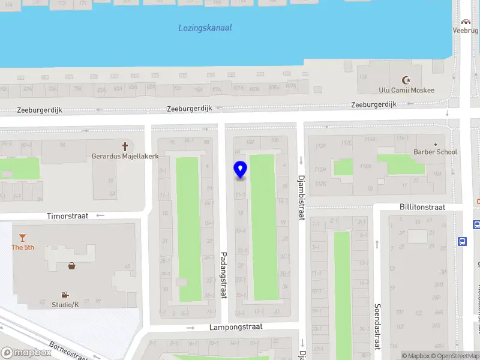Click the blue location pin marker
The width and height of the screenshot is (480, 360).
[240, 170]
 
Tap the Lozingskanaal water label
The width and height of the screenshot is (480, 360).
[205, 28]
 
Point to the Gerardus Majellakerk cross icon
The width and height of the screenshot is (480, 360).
[125, 146]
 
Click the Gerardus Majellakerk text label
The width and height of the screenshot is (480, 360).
[125, 156]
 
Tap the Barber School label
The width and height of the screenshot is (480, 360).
[435, 152]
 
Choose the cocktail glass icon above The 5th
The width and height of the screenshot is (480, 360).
[22, 238]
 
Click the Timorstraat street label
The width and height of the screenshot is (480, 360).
[68, 215]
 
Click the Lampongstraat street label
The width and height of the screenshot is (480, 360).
[236, 327]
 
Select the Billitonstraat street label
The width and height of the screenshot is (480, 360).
[422, 207]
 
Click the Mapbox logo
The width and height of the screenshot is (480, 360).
[26, 353]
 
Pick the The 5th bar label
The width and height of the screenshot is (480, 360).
[22, 247]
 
